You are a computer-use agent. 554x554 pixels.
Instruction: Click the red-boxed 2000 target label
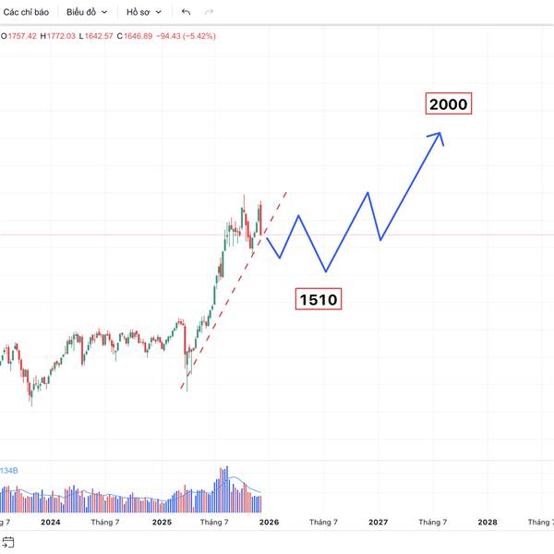pyautogui.click(x=448, y=104)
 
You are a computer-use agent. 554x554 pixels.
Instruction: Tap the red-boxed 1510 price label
pyautogui.click(x=318, y=298)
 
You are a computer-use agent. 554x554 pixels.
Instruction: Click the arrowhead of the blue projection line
pyautogui.click(x=440, y=137)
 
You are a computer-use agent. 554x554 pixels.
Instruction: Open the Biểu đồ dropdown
pyautogui.click(x=87, y=12)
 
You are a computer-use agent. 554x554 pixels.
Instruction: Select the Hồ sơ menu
pyautogui.click(x=145, y=12)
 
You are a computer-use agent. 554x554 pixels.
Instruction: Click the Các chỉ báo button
pyautogui.click(x=26, y=12)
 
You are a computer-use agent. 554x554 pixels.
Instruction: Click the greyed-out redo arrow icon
pyautogui.click(x=209, y=12)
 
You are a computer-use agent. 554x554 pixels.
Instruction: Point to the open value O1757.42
pyautogui.click(x=18, y=36)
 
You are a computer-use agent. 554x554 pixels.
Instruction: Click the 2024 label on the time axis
pyautogui.click(x=51, y=522)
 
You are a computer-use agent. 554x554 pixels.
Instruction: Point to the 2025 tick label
pyautogui.click(x=162, y=522)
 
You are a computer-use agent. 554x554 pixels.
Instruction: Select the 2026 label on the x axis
pyautogui.click(x=269, y=522)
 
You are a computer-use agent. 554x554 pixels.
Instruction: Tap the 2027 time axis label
pyautogui.click(x=378, y=522)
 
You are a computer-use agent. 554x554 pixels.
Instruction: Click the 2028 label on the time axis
pyautogui.click(x=487, y=522)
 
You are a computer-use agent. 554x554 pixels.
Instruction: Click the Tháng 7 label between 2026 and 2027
pyautogui.click(x=323, y=522)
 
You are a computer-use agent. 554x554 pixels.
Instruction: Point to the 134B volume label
pyautogui.click(x=9, y=471)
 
